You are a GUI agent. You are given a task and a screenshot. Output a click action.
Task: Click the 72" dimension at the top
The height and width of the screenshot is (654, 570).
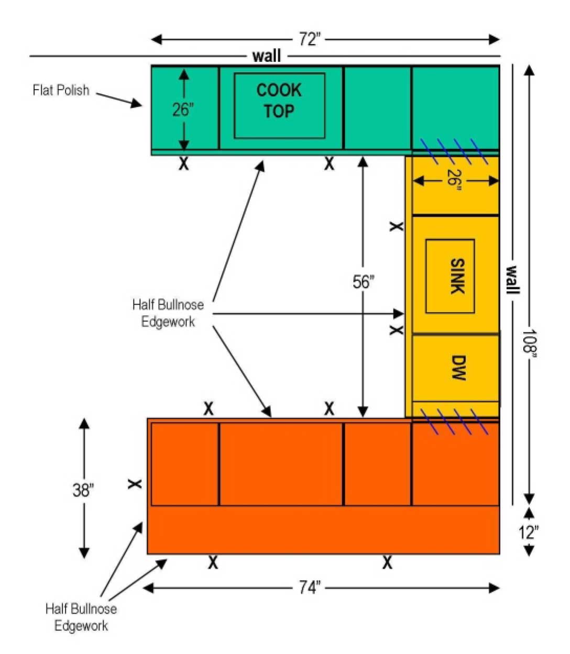tap(310, 39)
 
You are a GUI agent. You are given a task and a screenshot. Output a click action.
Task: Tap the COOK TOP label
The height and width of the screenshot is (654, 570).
tap(279, 101)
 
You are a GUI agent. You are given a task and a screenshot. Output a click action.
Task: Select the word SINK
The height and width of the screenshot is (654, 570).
tap(457, 276)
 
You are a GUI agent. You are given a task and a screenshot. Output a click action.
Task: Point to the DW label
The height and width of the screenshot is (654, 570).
tap(458, 368)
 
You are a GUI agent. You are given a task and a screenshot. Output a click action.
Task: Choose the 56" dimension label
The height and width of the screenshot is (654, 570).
tap(363, 282)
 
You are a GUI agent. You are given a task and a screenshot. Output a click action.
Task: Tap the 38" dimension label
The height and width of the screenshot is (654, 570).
tap(83, 490)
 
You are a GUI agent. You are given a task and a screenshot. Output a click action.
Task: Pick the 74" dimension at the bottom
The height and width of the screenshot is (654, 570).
tap(310, 588)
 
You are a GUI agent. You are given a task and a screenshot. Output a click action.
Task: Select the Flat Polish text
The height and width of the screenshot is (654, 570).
tap(61, 90)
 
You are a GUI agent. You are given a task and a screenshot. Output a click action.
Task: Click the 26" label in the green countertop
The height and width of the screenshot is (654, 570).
tap(183, 109)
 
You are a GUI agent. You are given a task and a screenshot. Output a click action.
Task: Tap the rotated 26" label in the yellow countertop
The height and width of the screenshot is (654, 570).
tap(454, 180)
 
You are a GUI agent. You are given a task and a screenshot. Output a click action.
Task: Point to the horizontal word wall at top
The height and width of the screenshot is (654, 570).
tap(267, 56)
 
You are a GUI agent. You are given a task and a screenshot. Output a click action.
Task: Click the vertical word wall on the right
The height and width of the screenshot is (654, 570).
tap(512, 280)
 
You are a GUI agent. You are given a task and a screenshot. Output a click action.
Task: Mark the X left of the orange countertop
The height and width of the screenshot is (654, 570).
tap(135, 484)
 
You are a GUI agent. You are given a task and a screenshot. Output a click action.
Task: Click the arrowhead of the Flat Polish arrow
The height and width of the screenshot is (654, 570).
tap(137, 104)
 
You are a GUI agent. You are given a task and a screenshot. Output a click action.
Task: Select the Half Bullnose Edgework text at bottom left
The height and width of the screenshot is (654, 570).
tap(81, 617)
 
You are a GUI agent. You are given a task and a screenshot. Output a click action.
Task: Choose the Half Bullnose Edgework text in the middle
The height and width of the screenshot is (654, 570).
tap(168, 313)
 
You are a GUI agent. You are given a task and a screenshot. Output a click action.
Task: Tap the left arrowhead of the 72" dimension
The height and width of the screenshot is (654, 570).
tap(156, 40)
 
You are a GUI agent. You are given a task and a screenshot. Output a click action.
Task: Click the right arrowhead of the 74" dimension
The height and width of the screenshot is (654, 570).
tap(494, 588)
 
